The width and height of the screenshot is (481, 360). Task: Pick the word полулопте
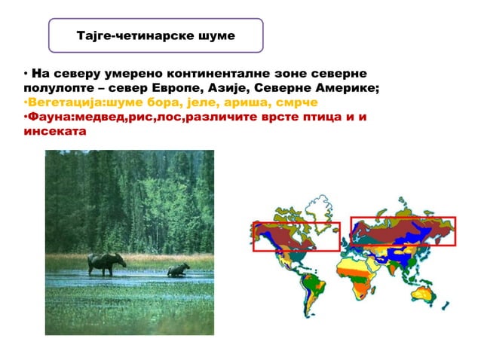pyautogui.click(x=51, y=88)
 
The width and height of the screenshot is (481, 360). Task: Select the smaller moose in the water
pyautogui.click(x=178, y=269)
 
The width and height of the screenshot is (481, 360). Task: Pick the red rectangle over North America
pyautogui.click(x=296, y=236)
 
